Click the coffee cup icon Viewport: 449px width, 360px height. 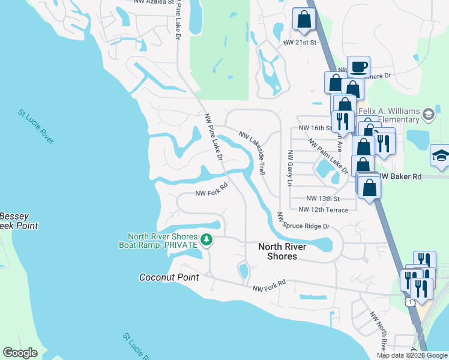(x=358, y=67)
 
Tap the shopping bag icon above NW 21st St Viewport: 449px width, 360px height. (x=304, y=19)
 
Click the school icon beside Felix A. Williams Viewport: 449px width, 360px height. (x=429, y=113)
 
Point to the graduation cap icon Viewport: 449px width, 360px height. (x=441, y=155)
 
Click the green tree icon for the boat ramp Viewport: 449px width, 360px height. (x=206, y=240)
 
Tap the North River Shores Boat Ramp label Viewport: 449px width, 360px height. (x=162, y=241)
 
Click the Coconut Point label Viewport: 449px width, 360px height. (x=169, y=277)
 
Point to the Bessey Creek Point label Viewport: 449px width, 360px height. (x=18, y=221)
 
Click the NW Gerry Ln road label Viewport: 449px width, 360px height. (x=290, y=167)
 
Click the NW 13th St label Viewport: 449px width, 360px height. (x=323, y=199)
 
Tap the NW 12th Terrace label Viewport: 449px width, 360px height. (x=323, y=209)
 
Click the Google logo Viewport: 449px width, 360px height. (x=20, y=353)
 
